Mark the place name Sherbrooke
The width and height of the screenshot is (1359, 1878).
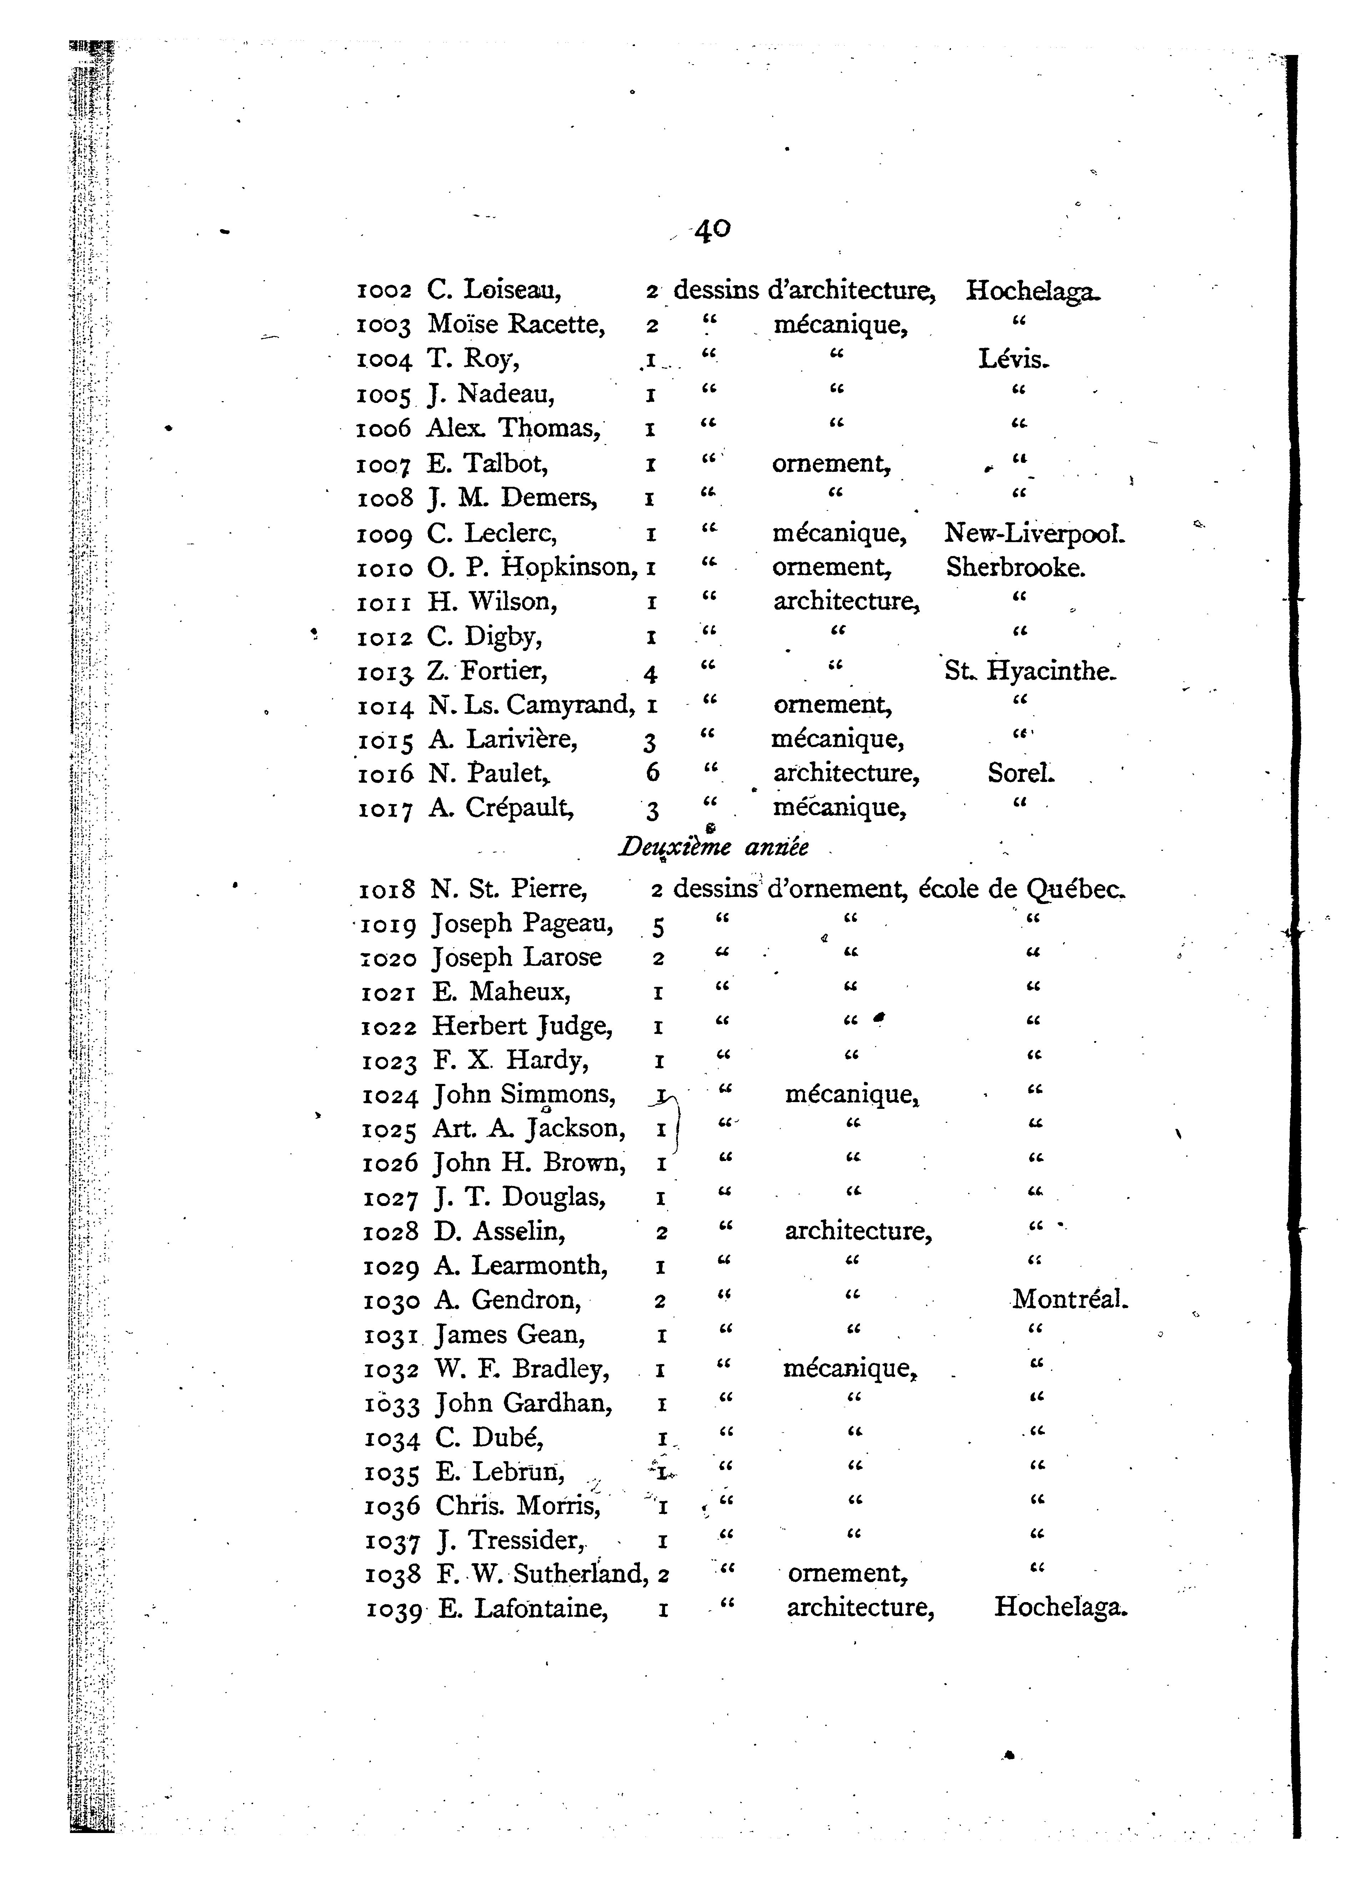pyautogui.click(x=1015, y=567)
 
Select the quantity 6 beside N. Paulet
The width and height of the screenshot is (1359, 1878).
pyautogui.click(x=653, y=773)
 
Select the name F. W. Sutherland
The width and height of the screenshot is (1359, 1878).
pyautogui.click(x=542, y=1572)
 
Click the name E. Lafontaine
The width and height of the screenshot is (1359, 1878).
pyautogui.click(x=523, y=1607)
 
